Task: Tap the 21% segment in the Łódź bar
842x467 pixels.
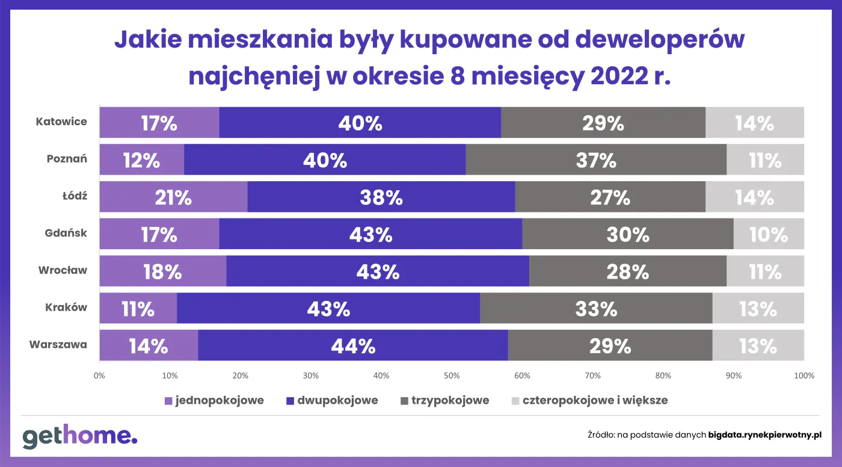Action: click(173, 197)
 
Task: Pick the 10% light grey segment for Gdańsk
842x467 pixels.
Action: click(768, 234)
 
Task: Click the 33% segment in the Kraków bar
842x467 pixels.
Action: click(597, 308)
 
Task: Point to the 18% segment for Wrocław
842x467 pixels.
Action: click(163, 271)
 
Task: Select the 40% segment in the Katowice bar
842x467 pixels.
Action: click(360, 123)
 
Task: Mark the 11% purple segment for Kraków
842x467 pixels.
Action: click(138, 308)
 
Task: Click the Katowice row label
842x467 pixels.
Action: click(61, 122)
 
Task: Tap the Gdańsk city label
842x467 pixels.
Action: click(66, 233)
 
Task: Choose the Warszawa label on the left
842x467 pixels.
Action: click(58, 345)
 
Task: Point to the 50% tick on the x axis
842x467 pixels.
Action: click(452, 376)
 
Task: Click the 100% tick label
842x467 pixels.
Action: click(804, 376)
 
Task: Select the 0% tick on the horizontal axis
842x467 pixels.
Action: click(100, 376)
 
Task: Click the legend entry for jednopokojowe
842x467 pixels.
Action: click(214, 400)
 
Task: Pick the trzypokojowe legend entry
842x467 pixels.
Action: click(444, 400)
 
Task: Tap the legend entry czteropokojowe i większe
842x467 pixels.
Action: click(589, 400)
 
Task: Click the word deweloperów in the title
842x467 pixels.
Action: click(660, 40)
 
